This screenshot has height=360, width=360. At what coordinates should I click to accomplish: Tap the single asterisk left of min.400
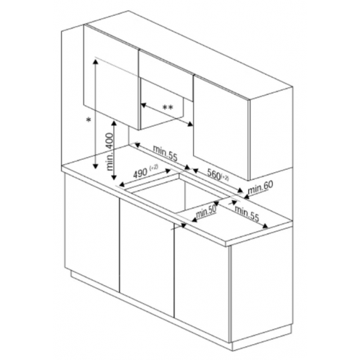(86, 120)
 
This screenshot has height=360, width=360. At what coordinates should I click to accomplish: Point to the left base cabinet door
(91, 230)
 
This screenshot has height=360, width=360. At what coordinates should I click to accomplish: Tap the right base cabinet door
(202, 277)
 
